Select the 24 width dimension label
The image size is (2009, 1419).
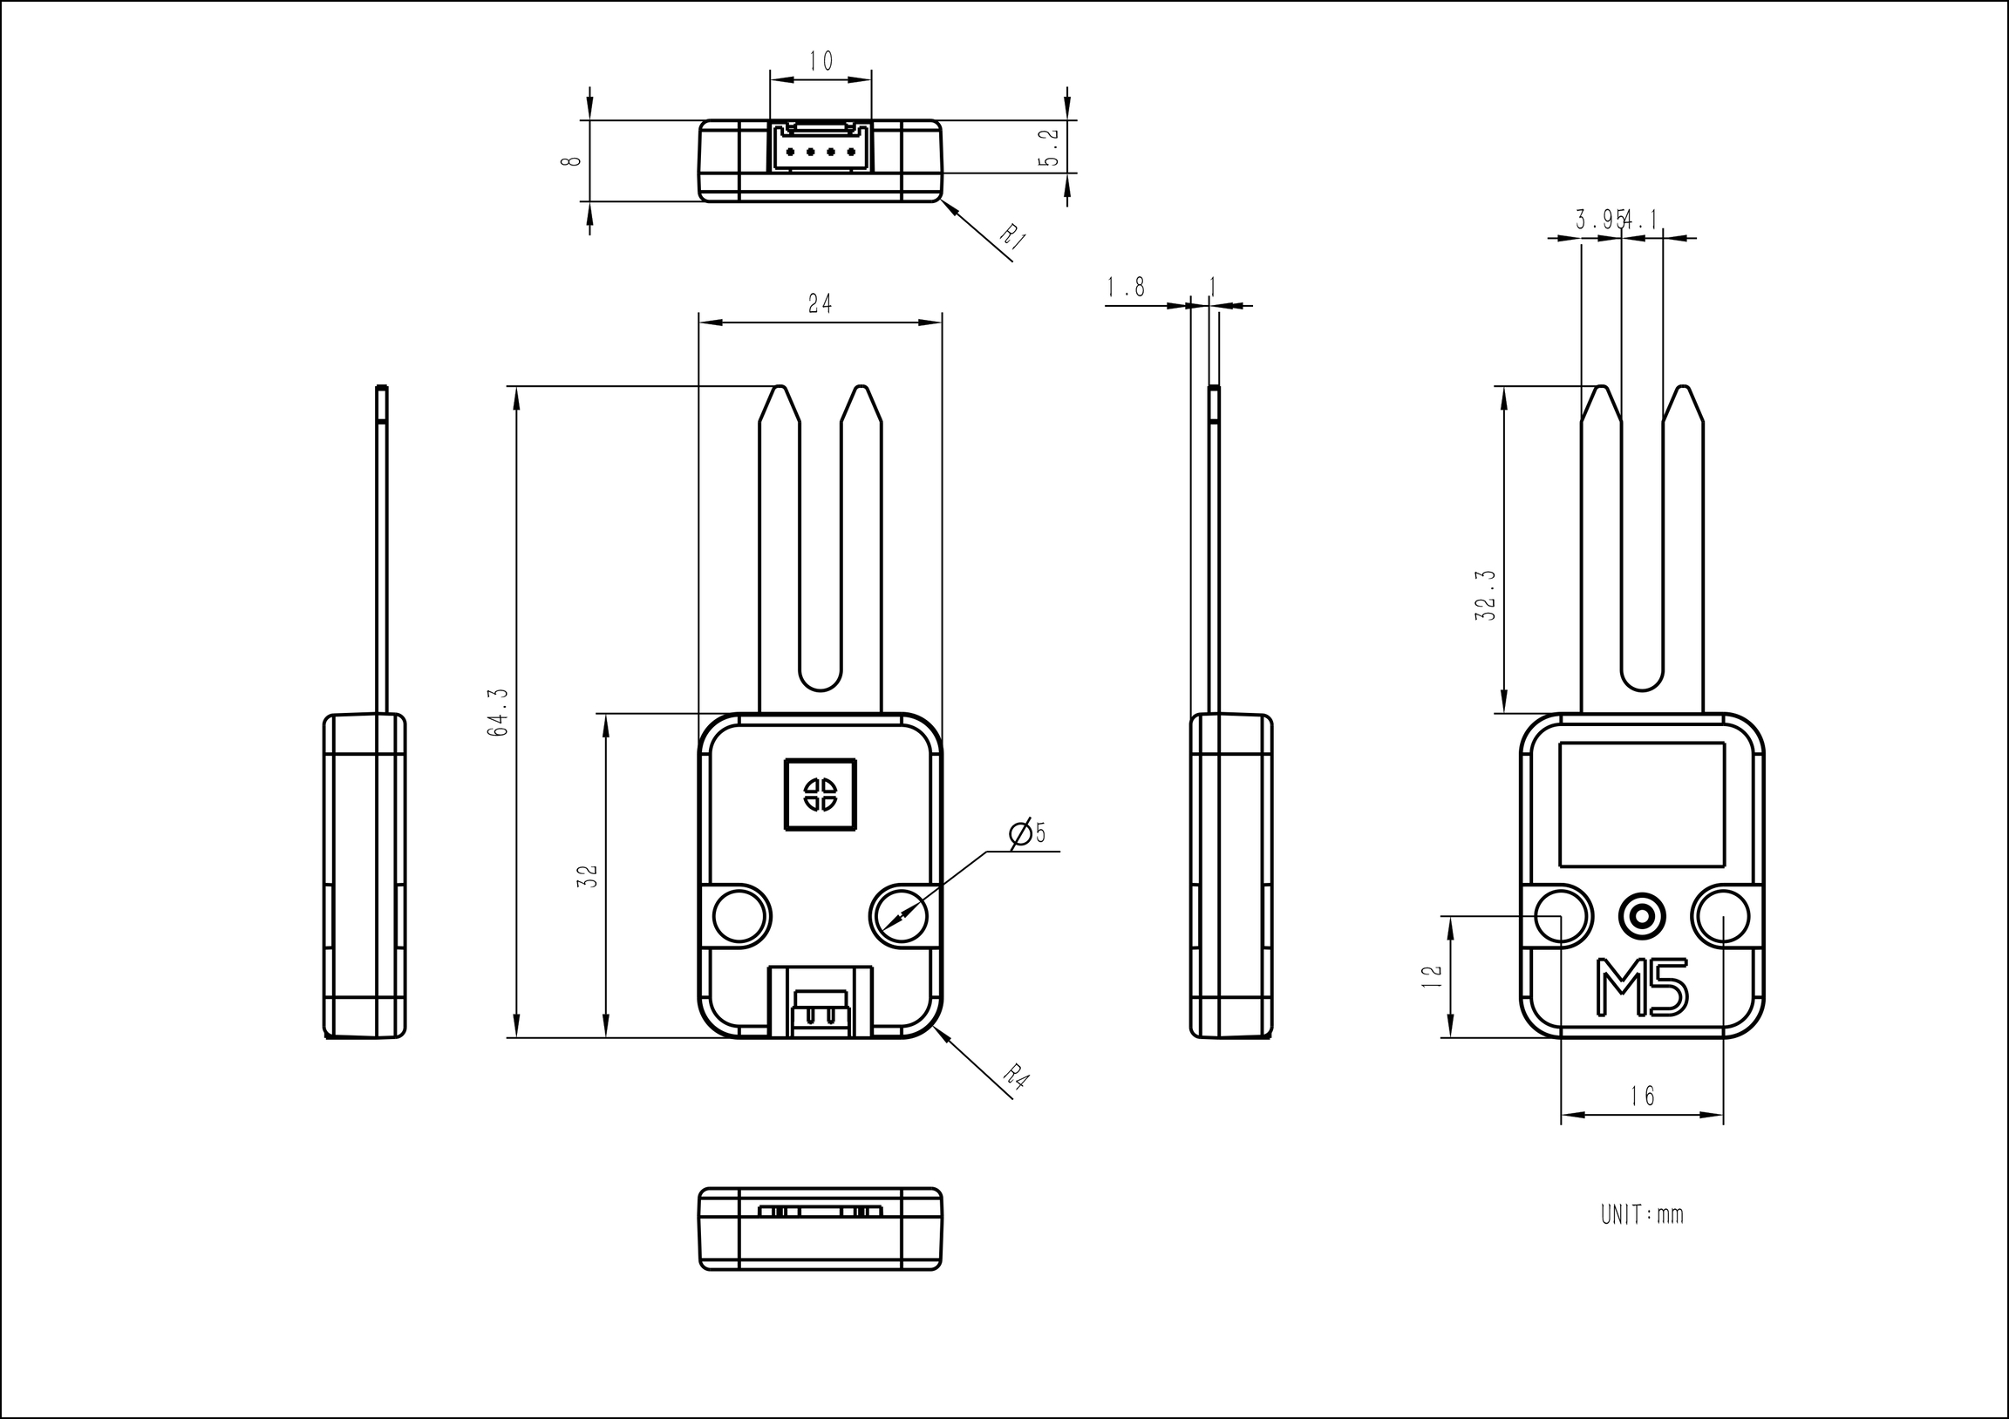click(x=820, y=303)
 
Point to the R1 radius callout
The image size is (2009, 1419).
click(x=1012, y=237)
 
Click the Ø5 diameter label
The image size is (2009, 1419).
click(x=1027, y=833)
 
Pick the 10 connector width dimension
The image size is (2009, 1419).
click(x=821, y=61)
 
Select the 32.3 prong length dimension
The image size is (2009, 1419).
click(x=1485, y=595)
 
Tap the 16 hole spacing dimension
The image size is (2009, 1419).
click(x=1643, y=1096)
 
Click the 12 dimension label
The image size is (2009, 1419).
click(x=1433, y=976)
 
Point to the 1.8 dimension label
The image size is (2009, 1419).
click(x=1125, y=287)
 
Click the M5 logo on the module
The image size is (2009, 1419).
click(x=1643, y=988)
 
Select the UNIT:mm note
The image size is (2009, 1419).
click(x=1642, y=1214)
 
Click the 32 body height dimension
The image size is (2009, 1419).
click(x=589, y=876)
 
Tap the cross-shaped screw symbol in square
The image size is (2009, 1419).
click(x=821, y=794)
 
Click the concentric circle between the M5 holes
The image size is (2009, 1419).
click(x=1642, y=916)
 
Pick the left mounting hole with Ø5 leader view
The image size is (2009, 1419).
click(x=741, y=916)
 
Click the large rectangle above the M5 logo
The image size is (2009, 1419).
click(x=1642, y=804)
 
